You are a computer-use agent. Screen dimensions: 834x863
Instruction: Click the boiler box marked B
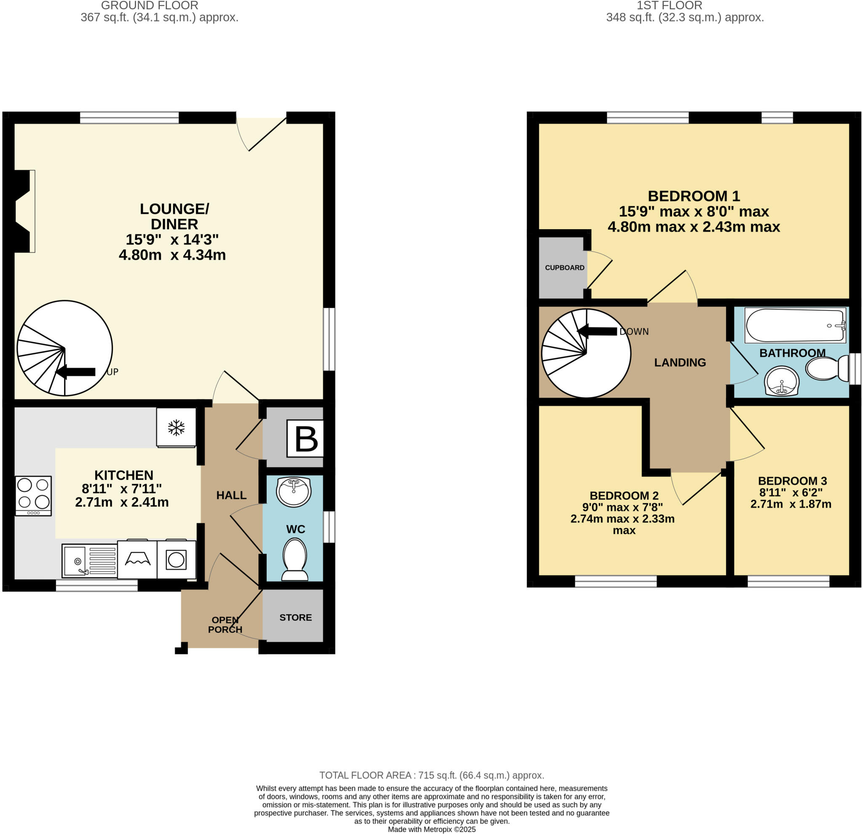pyautogui.click(x=306, y=439)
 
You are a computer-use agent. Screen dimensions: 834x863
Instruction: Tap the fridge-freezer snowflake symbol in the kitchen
pyautogui.click(x=176, y=428)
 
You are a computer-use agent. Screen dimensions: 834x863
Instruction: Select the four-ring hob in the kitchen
pyautogui.click(x=33, y=495)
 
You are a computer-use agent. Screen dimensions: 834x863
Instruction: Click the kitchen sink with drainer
pyautogui.click(x=89, y=560)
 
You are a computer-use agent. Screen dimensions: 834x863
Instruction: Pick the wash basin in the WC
pyautogui.click(x=294, y=491)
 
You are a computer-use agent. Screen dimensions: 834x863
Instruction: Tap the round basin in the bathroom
pyautogui.click(x=782, y=381)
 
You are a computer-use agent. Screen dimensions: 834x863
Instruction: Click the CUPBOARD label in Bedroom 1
pyautogui.click(x=565, y=268)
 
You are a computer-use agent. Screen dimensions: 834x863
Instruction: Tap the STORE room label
pyautogui.click(x=295, y=617)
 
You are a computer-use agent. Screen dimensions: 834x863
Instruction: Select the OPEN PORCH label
pyautogui.click(x=225, y=625)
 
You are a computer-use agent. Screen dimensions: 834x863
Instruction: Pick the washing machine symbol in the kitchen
pyautogui.click(x=176, y=560)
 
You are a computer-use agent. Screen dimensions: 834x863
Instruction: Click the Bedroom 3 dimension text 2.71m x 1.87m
pyautogui.click(x=791, y=504)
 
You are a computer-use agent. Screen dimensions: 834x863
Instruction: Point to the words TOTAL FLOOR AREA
pyautogui.click(x=365, y=775)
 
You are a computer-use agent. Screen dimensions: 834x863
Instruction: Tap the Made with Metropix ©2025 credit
pyautogui.click(x=431, y=830)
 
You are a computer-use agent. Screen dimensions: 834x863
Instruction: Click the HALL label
pyautogui.click(x=231, y=495)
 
